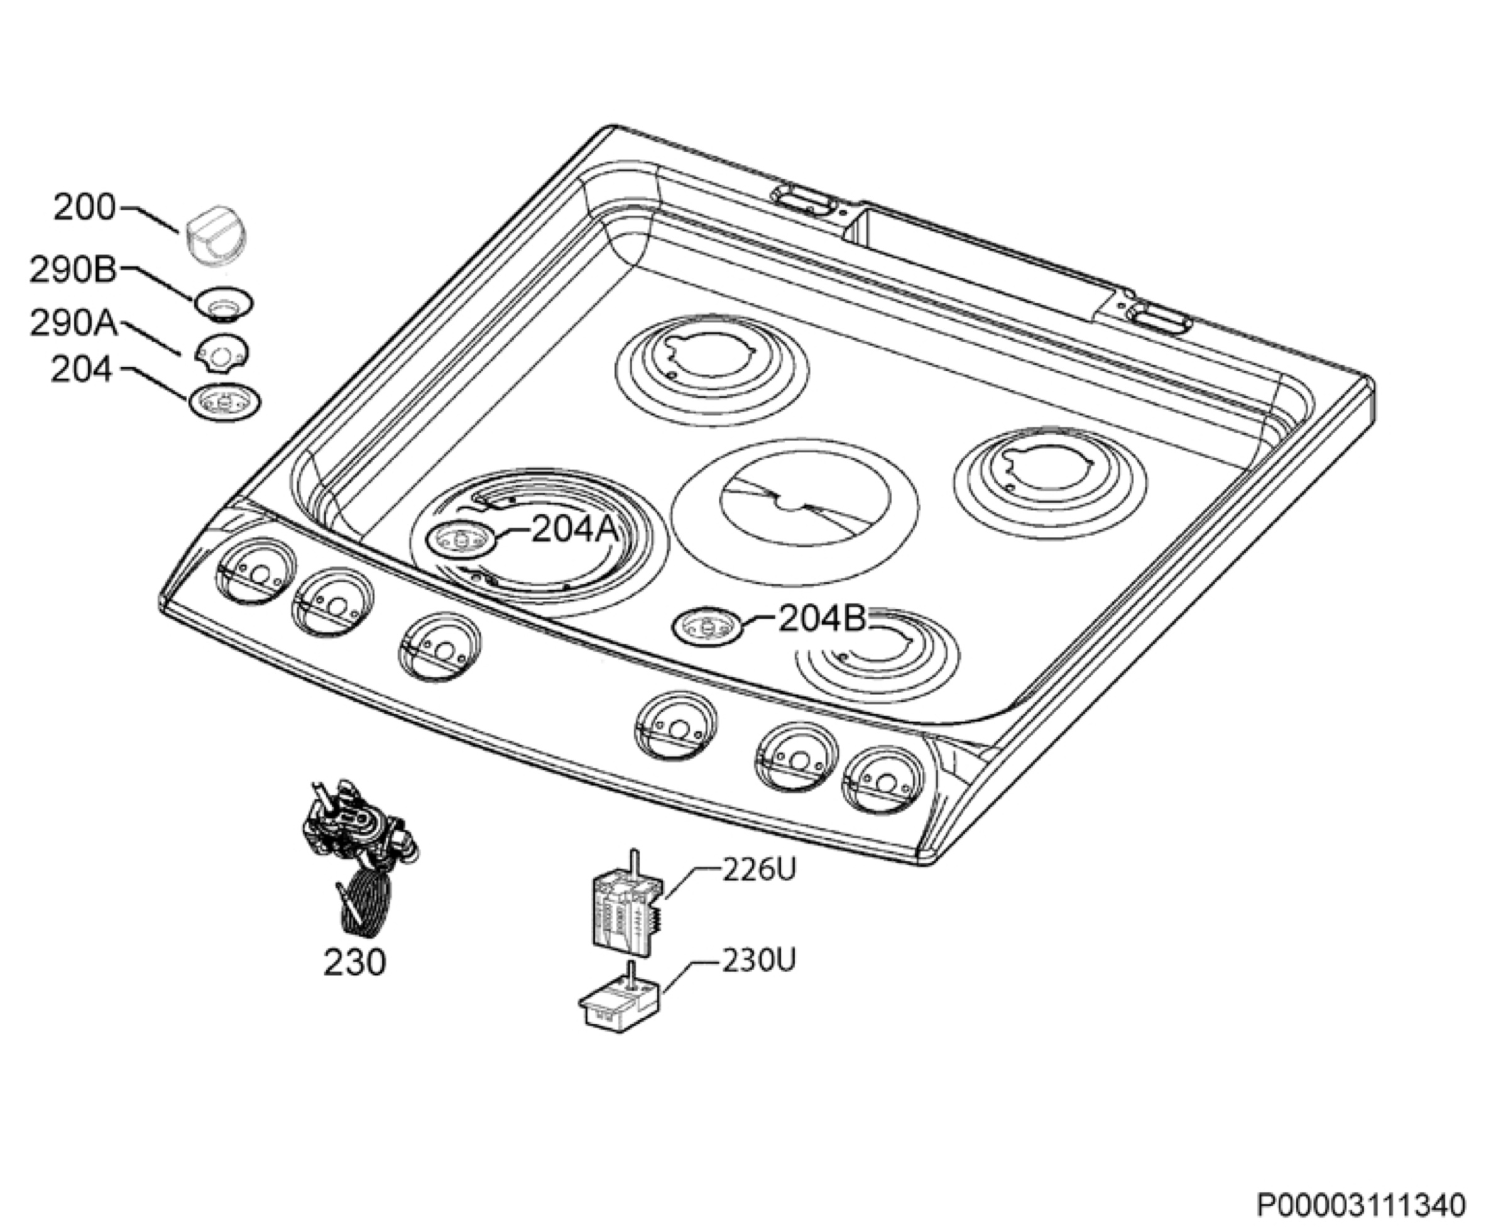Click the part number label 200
(84, 207)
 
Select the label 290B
(72, 270)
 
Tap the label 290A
(73, 323)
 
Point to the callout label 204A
(574, 529)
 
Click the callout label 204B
(822, 618)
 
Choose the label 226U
(758, 869)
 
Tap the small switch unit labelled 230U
(620, 996)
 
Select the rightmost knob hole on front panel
(883, 781)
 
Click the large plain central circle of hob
(795, 511)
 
